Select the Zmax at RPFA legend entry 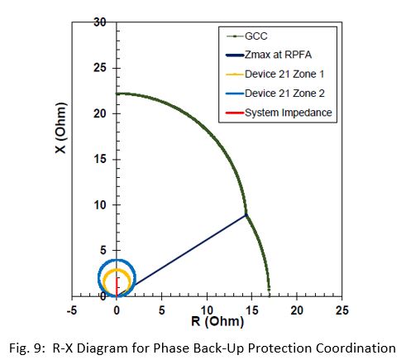(280, 55)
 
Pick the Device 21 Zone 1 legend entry (280, 74)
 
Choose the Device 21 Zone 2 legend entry (280, 92)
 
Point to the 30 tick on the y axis (98, 22)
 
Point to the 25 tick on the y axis (98, 68)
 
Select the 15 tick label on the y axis (98, 159)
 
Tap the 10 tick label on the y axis (98, 204)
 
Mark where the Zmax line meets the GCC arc (246, 215)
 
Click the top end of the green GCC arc (117, 94)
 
